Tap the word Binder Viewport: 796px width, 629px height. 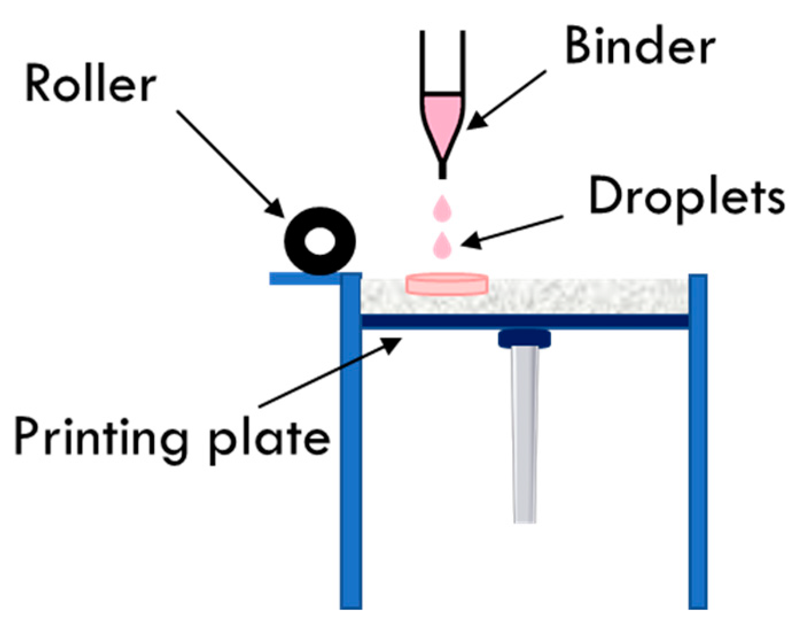(x=639, y=46)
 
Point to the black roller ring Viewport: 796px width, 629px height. (x=298, y=241)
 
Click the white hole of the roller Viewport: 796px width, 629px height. (x=319, y=241)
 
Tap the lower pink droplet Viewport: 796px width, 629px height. (x=442, y=245)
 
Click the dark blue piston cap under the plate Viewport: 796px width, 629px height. (x=524, y=339)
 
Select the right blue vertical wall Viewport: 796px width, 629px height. (x=698, y=442)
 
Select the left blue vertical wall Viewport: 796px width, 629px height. (x=350, y=442)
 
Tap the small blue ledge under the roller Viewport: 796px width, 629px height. (x=304, y=279)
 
